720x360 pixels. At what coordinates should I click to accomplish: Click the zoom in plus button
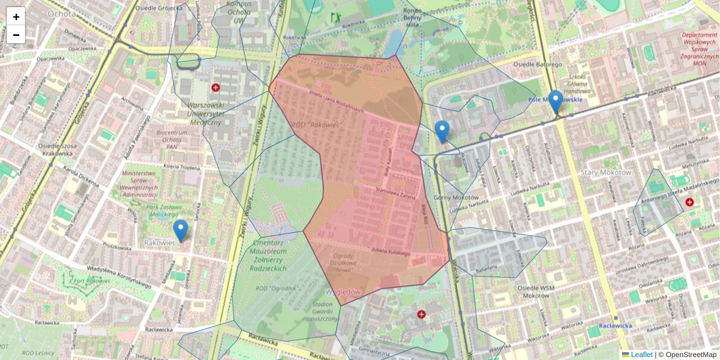point(16,17)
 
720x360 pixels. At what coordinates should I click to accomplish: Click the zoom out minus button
point(16,35)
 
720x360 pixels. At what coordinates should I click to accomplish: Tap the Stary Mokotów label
point(606,172)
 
